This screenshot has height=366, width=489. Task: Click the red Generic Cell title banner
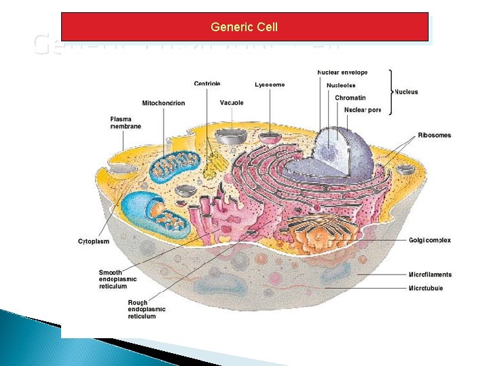click(x=244, y=27)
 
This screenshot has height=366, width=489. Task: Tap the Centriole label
click(x=207, y=84)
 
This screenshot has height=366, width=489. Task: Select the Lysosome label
click(x=270, y=85)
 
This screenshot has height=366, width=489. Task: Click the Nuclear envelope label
click(x=342, y=73)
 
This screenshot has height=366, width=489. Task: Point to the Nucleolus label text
click(x=341, y=85)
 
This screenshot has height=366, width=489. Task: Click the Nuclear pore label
click(x=363, y=110)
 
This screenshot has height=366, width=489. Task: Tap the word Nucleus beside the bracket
click(x=406, y=91)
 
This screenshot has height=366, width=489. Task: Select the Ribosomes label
click(x=434, y=136)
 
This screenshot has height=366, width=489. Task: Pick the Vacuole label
click(x=232, y=103)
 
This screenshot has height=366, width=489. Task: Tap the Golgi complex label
click(x=429, y=241)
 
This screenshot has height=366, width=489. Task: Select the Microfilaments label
click(x=430, y=274)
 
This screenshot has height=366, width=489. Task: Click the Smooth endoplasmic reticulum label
click(x=117, y=279)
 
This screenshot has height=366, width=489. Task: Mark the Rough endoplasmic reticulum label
click(x=146, y=310)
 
